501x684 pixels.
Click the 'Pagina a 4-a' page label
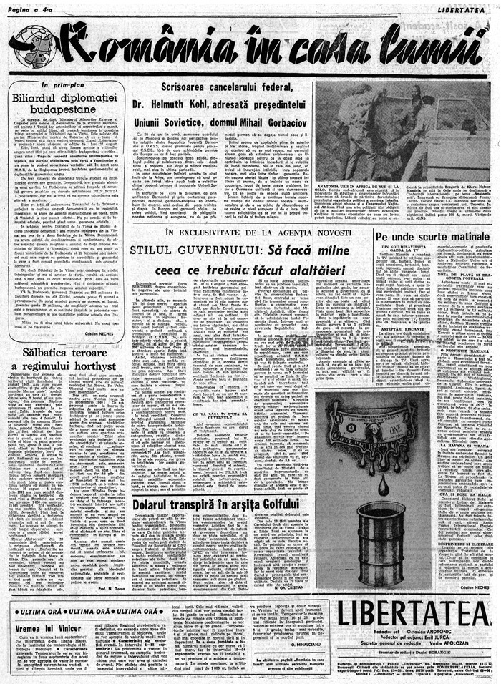[x=30, y=9]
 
